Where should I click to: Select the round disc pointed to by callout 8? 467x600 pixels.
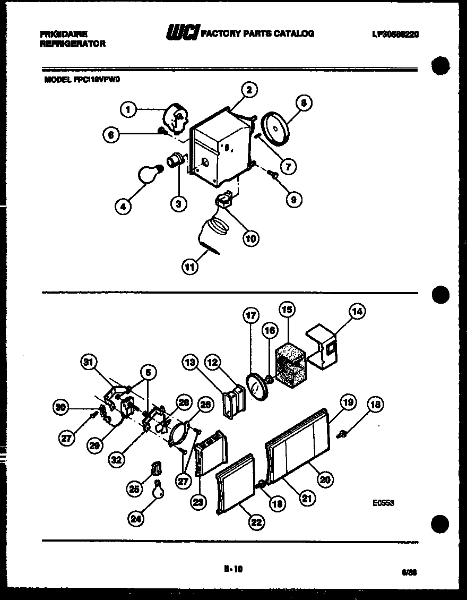(x=277, y=127)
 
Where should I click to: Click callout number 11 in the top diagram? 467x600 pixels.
(x=189, y=267)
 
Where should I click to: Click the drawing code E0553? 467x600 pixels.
(x=383, y=503)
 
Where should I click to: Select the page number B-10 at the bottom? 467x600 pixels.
(x=233, y=569)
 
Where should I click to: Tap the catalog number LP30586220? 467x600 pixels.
(x=395, y=34)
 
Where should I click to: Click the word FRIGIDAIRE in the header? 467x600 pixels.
(x=63, y=33)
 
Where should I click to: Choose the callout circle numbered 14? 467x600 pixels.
(x=357, y=312)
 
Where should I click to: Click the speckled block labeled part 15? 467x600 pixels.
(x=290, y=361)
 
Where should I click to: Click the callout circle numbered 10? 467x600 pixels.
(x=250, y=238)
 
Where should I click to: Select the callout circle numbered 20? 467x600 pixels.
(x=325, y=479)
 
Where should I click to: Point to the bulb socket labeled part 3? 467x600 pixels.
(x=175, y=160)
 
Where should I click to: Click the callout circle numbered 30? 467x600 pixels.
(x=62, y=408)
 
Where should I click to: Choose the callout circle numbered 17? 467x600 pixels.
(x=251, y=315)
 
